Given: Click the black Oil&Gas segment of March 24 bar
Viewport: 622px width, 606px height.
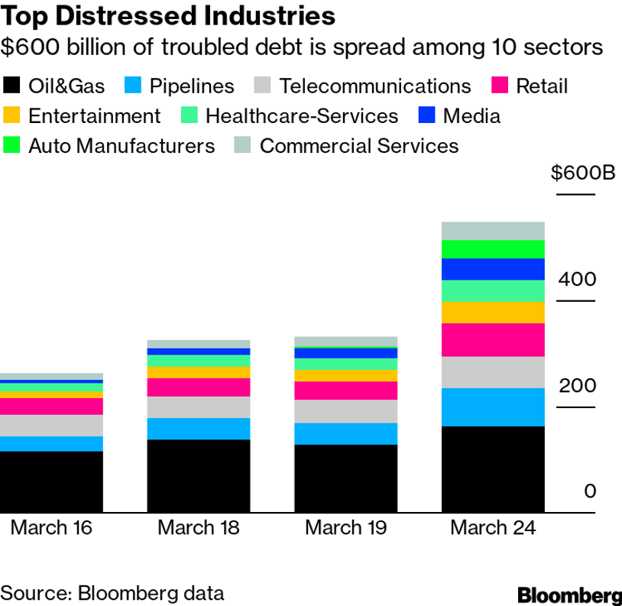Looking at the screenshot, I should (493, 469).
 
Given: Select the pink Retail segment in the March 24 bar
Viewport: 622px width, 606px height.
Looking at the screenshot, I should (493, 340).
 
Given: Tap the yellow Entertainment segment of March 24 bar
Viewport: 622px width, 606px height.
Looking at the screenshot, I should (493, 313).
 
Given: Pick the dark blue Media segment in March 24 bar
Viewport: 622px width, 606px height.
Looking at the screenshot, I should (493, 269).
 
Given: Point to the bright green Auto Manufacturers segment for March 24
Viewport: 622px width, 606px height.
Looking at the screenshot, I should (493, 249).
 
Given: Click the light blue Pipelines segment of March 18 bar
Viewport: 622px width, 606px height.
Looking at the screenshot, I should (199, 429).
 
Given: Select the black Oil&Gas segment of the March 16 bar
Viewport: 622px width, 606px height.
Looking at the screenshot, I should (51, 481).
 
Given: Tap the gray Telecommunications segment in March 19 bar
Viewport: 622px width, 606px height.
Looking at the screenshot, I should (346, 411).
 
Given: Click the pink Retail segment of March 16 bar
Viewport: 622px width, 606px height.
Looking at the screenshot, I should (51, 407).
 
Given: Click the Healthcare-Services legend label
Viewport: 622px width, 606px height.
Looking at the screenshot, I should (302, 116).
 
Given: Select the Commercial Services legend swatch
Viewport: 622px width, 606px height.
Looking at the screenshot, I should (244, 145).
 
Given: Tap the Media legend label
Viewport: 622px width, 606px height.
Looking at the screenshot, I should (471, 116).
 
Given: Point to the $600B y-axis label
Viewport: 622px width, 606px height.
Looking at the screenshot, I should (583, 173).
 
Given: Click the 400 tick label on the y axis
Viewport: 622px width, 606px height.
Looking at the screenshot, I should (576, 279).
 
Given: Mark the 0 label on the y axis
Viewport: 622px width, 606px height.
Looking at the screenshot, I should (589, 491).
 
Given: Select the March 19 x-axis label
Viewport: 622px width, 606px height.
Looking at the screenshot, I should (346, 527).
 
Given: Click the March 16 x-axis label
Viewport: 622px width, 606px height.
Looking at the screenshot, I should (51, 527).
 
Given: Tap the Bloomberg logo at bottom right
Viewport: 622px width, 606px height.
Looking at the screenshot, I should (569, 594).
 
